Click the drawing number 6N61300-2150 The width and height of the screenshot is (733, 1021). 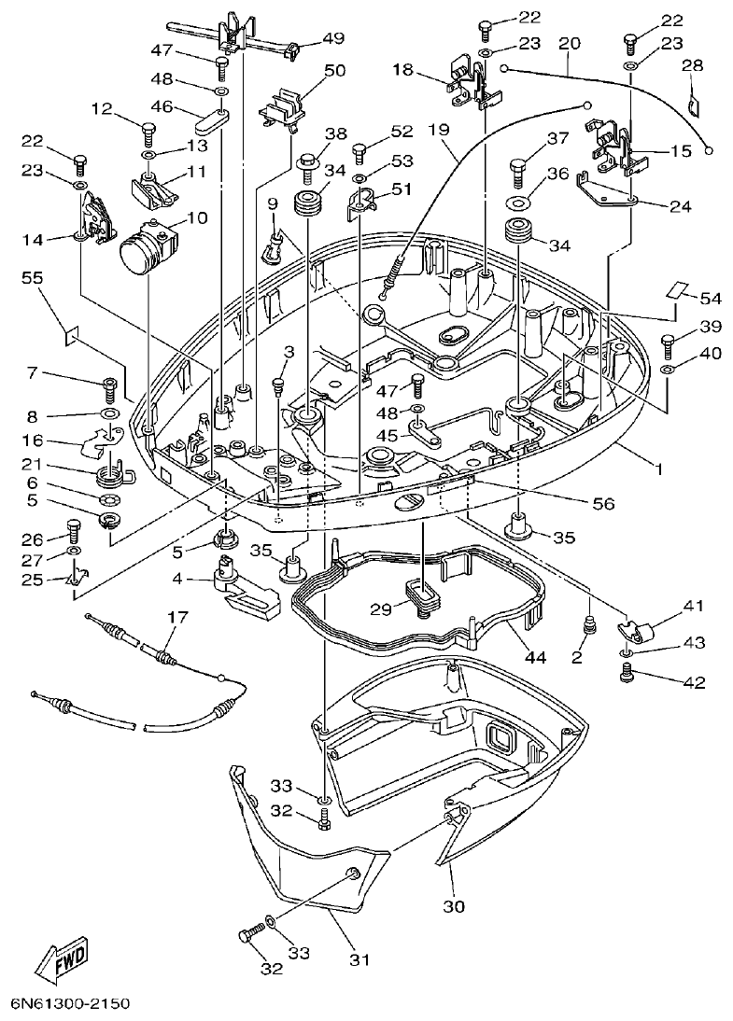(x=70, y=1005)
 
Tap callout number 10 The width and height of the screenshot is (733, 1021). (x=196, y=217)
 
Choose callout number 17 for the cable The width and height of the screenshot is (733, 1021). (x=177, y=618)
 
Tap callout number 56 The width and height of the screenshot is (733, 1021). (x=603, y=503)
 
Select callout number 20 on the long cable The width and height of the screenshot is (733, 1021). (x=569, y=43)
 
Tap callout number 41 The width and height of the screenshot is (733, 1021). (x=691, y=606)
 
